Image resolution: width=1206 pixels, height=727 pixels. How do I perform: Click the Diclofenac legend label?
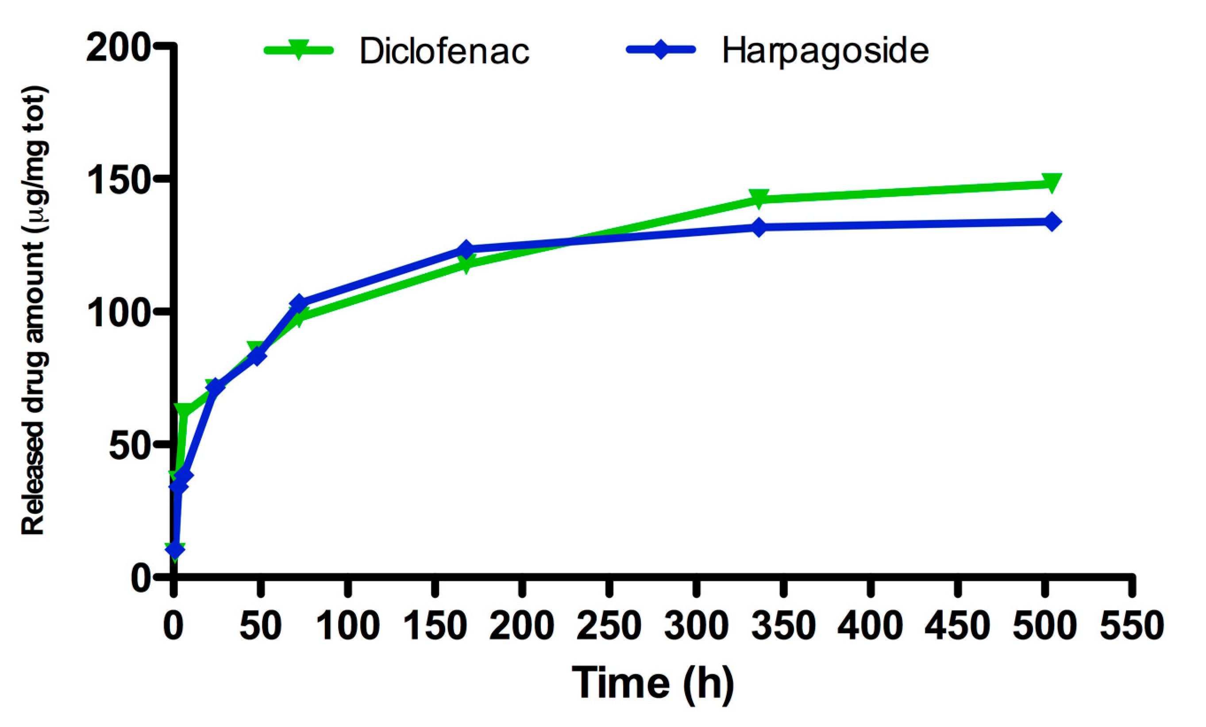point(444,51)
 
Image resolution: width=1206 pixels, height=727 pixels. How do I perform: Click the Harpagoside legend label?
point(825,51)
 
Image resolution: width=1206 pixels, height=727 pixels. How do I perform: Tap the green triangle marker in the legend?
point(298,50)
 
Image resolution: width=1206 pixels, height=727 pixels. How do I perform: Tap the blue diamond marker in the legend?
point(661,50)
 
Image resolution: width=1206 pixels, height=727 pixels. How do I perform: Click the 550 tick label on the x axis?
point(1131,626)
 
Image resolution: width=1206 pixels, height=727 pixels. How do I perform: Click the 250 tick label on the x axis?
point(609,626)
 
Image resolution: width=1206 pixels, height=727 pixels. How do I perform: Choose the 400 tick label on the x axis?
point(870,626)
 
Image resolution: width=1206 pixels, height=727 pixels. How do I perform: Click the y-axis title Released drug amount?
point(34,311)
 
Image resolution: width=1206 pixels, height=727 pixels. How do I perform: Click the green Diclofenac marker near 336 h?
point(759,198)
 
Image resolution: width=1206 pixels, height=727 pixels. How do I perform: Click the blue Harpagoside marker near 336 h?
point(759,227)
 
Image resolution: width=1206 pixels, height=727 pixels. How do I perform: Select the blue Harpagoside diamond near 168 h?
point(466,249)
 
